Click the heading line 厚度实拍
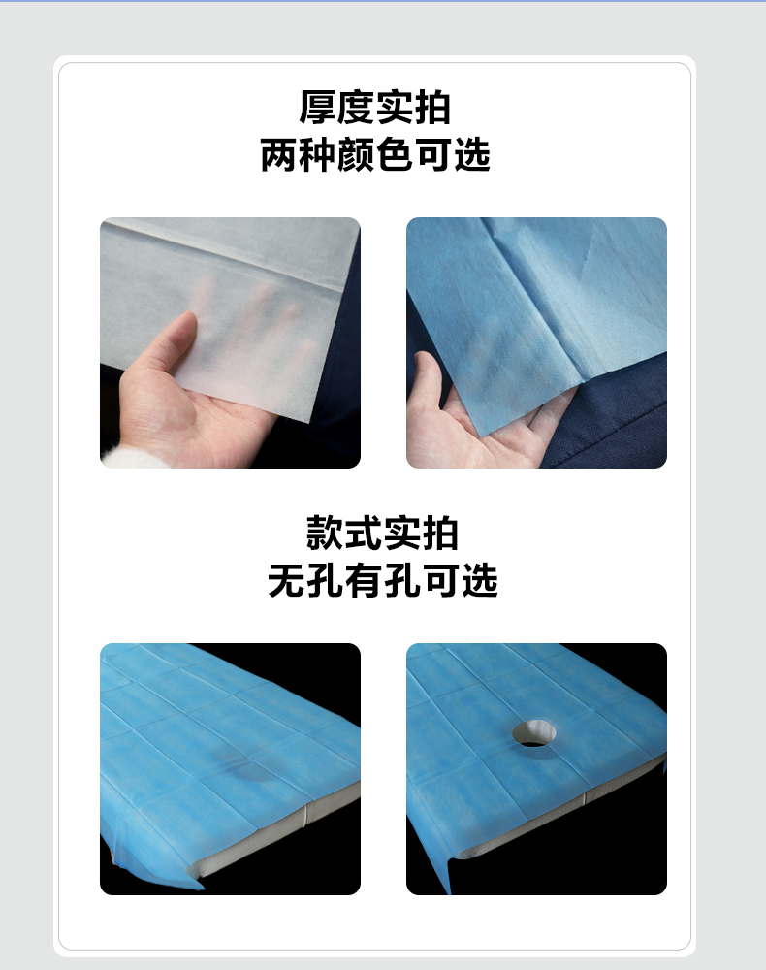click(374, 108)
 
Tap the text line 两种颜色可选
click(375, 154)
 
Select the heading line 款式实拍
click(382, 533)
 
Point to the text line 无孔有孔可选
click(383, 580)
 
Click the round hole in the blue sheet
click(534, 733)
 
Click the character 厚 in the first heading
click(317, 108)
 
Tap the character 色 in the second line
click(395, 154)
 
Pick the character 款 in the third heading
click(325, 533)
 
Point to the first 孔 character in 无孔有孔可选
click(325, 580)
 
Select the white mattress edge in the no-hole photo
click(272, 830)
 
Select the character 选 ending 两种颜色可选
click(471, 154)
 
